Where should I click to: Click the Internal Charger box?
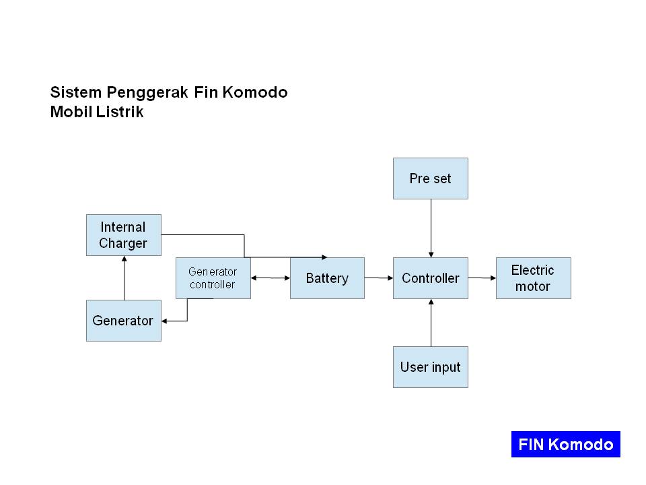pyautogui.click(x=124, y=235)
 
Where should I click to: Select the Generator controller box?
pyautogui.click(x=213, y=278)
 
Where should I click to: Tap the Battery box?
pyautogui.click(x=327, y=278)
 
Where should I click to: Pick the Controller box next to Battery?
pyautogui.click(x=431, y=278)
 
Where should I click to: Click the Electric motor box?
pyautogui.click(x=533, y=278)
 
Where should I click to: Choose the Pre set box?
pyautogui.click(x=431, y=179)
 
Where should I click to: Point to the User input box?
pyautogui.click(x=431, y=367)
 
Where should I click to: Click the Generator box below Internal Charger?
pyautogui.click(x=124, y=321)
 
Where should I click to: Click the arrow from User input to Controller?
pyautogui.click(x=431, y=323)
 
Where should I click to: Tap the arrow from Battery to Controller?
pyautogui.click(x=379, y=278)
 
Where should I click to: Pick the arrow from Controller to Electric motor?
pyautogui.click(x=482, y=278)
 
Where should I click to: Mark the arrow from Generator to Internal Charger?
pyautogui.click(x=124, y=278)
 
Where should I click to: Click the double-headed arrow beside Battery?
pyautogui.click(x=271, y=278)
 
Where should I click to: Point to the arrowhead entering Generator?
pyautogui.click(x=166, y=321)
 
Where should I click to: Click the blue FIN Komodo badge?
pyautogui.click(x=565, y=445)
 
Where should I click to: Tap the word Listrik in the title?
pyautogui.click(x=122, y=112)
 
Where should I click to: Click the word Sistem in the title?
pyautogui.click(x=69, y=92)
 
